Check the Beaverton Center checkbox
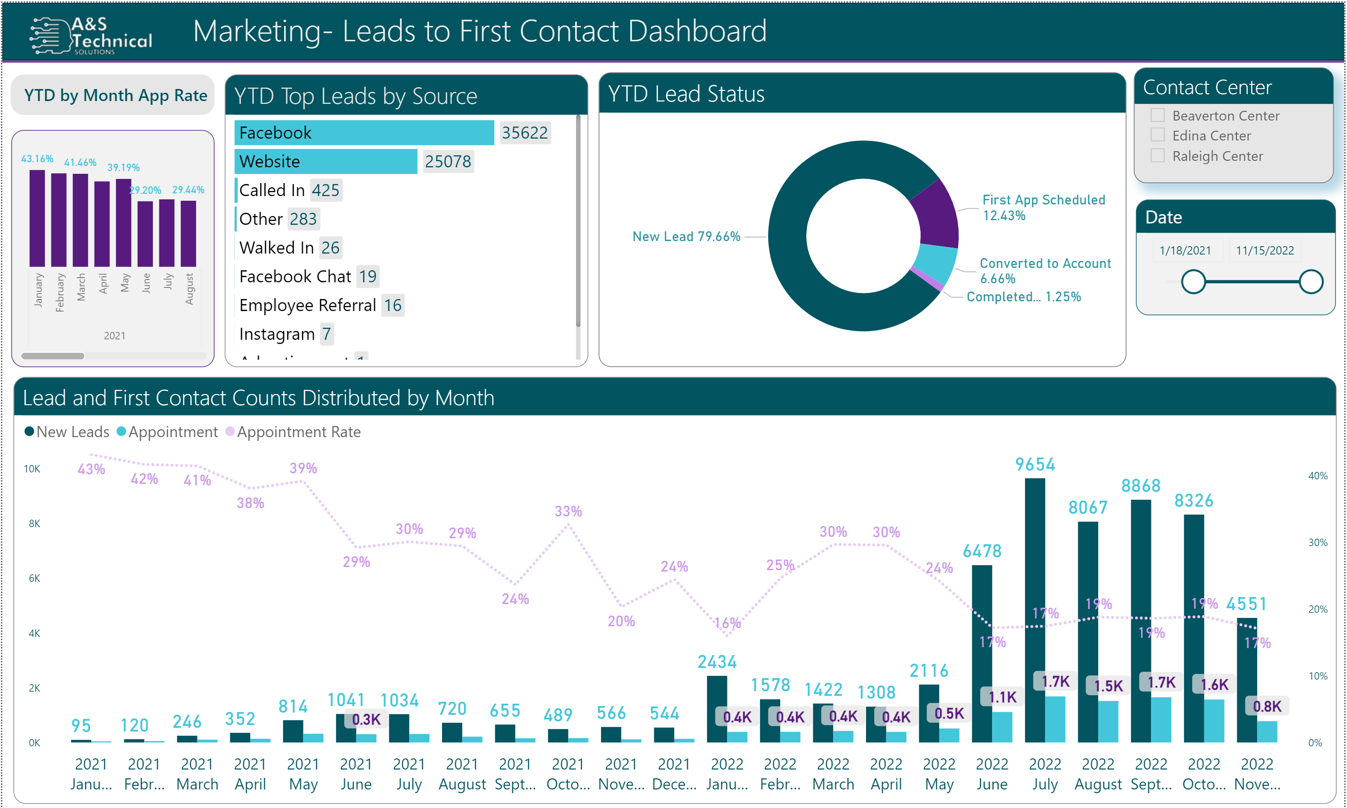[x=1157, y=115]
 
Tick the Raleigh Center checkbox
[x=1157, y=156]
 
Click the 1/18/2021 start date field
[x=1184, y=250]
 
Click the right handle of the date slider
[x=1310, y=281]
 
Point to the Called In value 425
[x=325, y=191]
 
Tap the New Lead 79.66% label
[x=685, y=236]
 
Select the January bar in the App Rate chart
[x=37, y=218]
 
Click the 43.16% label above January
[x=37, y=159]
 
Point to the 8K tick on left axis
[x=34, y=524]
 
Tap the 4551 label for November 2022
[x=1246, y=604]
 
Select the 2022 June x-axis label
[x=992, y=774]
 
